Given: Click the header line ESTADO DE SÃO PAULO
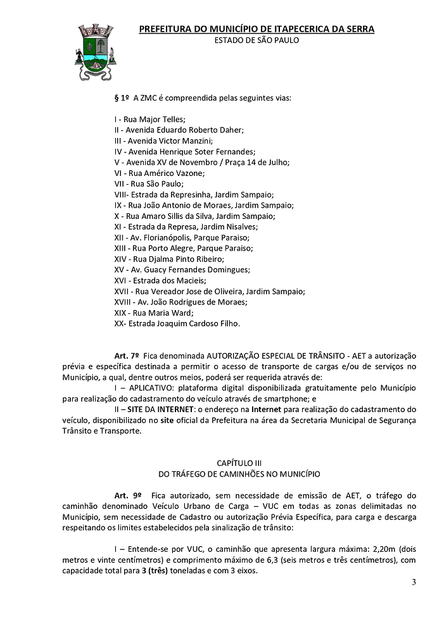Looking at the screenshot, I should [x=256, y=39].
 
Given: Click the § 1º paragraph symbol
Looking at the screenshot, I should [x=121, y=97].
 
